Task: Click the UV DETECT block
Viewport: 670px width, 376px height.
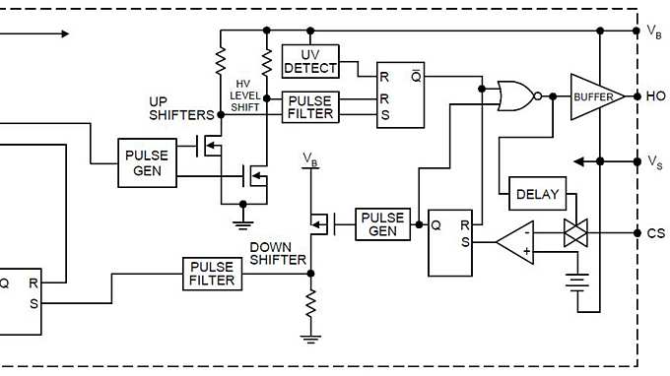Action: [x=309, y=61]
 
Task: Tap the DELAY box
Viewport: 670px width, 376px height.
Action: [x=536, y=194]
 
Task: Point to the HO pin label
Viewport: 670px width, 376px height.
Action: [x=656, y=96]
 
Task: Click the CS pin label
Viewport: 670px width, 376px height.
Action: [x=656, y=233]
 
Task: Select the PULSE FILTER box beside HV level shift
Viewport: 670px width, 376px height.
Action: [x=309, y=106]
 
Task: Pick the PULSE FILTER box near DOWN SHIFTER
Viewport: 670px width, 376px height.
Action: [x=212, y=274]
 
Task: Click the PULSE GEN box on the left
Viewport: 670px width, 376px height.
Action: [x=147, y=163]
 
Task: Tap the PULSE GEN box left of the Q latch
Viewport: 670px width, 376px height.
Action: [x=382, y=224]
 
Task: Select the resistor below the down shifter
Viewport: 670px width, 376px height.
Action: [x=311, y=304]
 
